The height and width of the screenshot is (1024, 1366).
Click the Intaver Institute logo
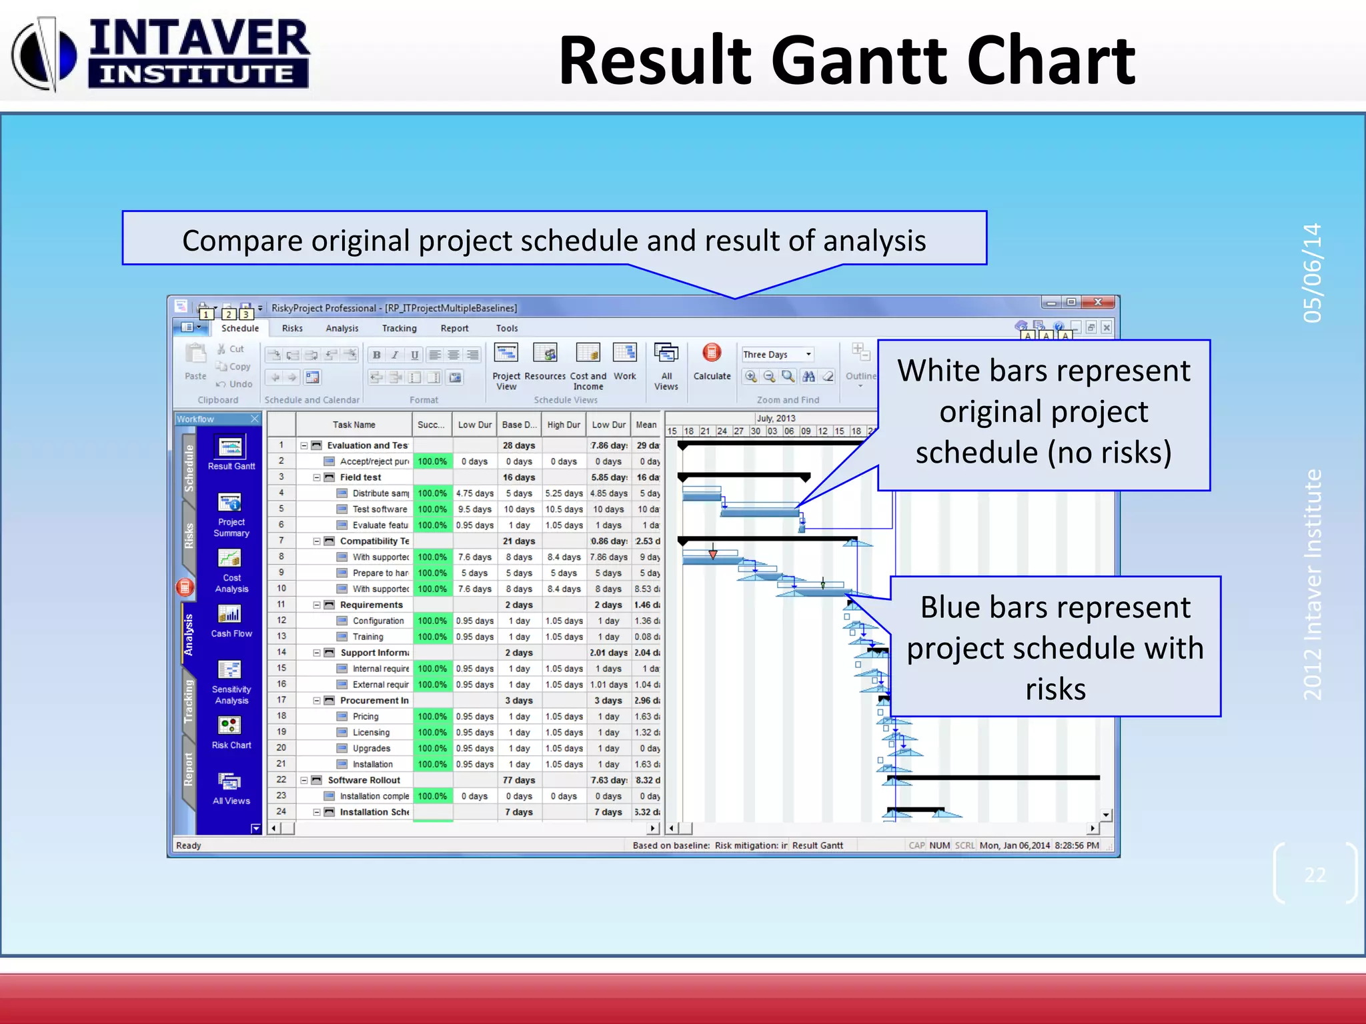(160, 53)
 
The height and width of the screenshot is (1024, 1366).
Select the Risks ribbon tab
(292, 328)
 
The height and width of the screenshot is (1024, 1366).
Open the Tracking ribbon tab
(399, 328)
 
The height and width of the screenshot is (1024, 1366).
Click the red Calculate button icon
(712, 353)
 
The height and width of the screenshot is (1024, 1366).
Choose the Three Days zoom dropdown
(778, 355)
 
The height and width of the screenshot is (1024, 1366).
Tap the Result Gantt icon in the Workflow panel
(231, 447)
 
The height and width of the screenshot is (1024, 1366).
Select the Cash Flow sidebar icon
(230, 615)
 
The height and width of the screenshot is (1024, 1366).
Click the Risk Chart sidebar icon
(230, 726)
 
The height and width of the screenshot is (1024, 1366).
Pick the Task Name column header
(354, 425)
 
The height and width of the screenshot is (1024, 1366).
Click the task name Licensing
(371, 733)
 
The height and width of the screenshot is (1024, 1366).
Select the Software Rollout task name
(364, 780)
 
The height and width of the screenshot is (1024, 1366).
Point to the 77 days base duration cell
(518, 780)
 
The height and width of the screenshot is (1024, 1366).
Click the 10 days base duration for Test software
(518, 509)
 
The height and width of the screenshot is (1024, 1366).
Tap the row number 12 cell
(281, 621)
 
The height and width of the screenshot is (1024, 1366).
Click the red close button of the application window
(1097, 303)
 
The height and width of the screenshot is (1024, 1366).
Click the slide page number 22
(1315, 875)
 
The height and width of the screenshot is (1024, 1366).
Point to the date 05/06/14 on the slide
(1312, 273)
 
